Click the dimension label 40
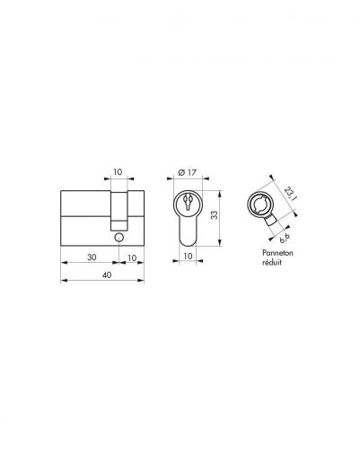tap(107, 274)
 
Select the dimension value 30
tap(92, 257)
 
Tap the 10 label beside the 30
tap(132, 257)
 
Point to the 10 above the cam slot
tap(118, 172)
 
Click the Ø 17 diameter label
tap(187, 172)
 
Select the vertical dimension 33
tap(215, 215)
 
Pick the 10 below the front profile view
tap(188, 256)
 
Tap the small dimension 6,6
tap(285, 238)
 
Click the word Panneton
tap(277, 253)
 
